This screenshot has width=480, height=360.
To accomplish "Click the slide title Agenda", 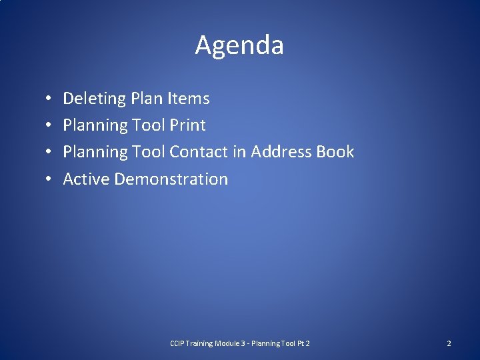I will click(239, 45).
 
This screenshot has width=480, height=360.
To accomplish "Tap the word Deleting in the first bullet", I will click(94, 99).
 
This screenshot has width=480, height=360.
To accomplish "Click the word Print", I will click(187, 125).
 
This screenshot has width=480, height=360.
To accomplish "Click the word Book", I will click(335, 152).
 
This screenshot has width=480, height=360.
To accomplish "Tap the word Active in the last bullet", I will click(87, 179).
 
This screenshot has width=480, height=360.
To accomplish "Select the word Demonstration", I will click(171, 179).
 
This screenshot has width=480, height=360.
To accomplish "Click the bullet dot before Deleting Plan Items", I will click(50, 99).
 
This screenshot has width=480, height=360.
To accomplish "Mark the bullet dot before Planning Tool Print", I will click(50, 126).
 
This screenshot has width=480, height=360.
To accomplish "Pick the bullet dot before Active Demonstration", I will click(50, 179).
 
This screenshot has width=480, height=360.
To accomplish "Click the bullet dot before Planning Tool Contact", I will click(50, 153).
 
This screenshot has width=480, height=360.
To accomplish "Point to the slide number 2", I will click(449, 343).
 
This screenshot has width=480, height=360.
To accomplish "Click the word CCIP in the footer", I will click(178, 343).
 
